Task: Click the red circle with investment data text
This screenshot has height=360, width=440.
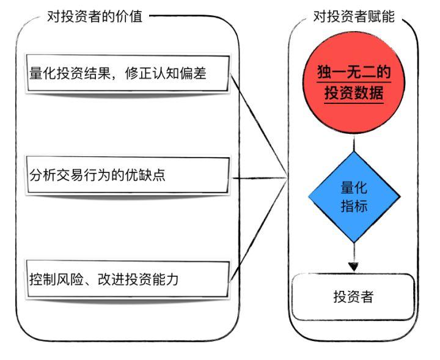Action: point(354,82)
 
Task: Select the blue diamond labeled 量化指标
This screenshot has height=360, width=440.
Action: point(354,197)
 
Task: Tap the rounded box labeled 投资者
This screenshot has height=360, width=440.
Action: point(353,296)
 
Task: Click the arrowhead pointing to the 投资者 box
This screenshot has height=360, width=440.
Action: point(354,266)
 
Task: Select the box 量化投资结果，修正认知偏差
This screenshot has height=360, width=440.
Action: point(128,73)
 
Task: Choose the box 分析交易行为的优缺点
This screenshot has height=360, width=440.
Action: point(128,175)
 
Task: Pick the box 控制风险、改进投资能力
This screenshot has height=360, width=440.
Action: point(128,279)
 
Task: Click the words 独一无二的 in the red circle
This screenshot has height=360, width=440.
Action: point(354,72)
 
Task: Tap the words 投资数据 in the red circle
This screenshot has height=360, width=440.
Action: point(354,92)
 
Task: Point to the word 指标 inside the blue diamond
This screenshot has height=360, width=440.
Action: point(354,206)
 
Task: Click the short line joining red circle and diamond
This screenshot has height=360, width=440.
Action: point(354,143)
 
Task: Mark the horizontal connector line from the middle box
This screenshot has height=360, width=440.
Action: point(260,178)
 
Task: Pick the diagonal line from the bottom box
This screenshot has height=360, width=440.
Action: point(258,230)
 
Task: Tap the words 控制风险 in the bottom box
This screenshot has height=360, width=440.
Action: point(56,279)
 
